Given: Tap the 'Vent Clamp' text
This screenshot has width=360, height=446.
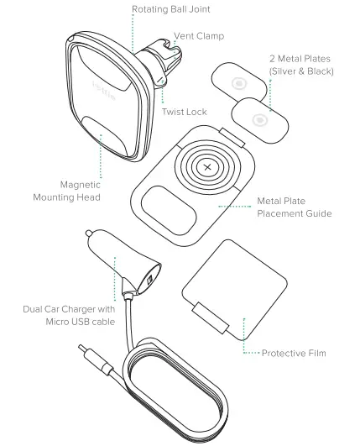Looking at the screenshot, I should (x=199, y=36).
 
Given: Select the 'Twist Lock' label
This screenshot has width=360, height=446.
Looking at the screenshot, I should (x=186, y=112).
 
